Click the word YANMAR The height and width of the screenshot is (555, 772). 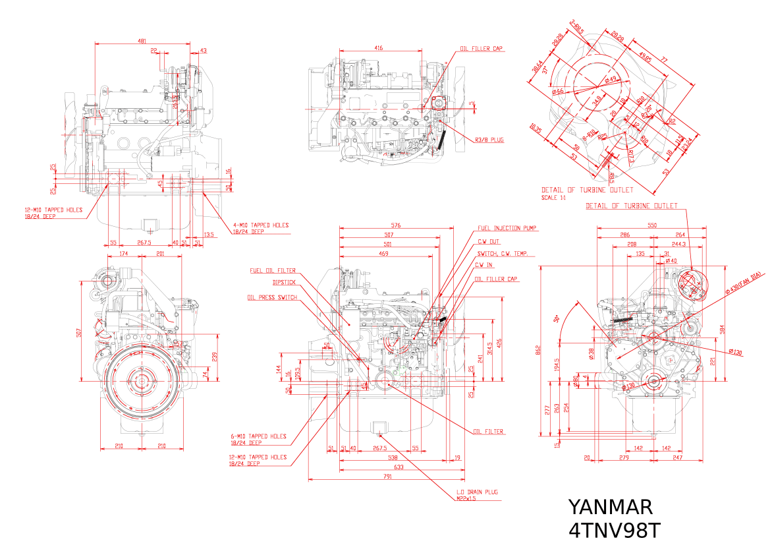[610, 507]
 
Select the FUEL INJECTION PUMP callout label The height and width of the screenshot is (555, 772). [507, 229]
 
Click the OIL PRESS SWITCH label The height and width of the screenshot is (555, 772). [272, 297]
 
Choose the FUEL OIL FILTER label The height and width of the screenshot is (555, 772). [272, 270]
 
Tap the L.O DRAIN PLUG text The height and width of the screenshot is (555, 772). [477, 492]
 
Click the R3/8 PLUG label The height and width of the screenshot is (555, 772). [489, 140]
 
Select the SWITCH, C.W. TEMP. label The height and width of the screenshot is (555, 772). [505, 254]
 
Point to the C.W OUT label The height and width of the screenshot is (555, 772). [489, 241]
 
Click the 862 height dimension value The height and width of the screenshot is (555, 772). [538, 349]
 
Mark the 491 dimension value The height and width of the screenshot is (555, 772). [142, 41]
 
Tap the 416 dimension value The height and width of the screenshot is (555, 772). [379, 48]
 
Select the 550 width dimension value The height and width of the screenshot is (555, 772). [652, 225]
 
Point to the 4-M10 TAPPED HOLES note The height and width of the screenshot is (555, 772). [260, 225]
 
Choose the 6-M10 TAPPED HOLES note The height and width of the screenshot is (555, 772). [258, 436]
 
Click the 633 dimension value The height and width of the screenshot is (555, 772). [399, 467]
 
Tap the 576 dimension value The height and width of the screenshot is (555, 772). [397, 225]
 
